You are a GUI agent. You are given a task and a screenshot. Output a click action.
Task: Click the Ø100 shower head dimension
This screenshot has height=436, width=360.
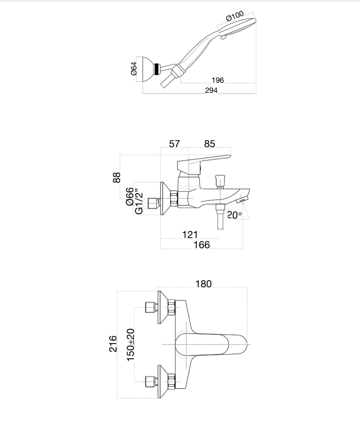tap(235, 16)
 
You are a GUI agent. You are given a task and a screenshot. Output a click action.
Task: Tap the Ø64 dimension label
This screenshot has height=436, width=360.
tap(134, 69)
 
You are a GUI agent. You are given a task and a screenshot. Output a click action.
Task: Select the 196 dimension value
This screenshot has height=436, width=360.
tap(218, 80)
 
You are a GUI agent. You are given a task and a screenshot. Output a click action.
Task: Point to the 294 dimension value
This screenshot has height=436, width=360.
tap(211, 90)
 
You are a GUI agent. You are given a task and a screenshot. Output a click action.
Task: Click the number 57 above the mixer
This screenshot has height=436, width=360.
tap(174, 144)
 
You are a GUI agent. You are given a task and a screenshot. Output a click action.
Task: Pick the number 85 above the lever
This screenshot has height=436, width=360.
tap(209, 144)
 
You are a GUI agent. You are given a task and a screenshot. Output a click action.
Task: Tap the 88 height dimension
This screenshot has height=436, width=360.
tap(117, 178)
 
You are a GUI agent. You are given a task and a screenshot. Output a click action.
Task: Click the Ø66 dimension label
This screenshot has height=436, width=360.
tap(130, 196)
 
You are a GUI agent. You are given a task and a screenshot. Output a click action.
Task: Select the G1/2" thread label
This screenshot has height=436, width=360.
tap(138, 202)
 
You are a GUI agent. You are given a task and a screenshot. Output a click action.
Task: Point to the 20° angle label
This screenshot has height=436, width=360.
tap(234, 215)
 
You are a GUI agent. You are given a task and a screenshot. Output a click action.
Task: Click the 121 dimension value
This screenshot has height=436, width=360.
tap(190, 234)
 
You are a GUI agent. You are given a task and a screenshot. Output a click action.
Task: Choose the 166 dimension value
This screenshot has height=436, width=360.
tap(202, 245)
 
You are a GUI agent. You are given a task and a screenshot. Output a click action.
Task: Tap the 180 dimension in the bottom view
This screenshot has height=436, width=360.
tap(203, 284)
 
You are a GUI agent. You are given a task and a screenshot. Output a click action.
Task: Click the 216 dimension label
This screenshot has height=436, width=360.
tap(113, 344)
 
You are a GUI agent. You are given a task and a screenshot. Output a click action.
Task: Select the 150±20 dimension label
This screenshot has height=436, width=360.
tap(130, 345)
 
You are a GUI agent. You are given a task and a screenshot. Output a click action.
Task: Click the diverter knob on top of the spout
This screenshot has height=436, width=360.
tap(220, 180)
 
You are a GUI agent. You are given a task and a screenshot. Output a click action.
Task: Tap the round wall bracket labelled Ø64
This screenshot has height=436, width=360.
tap(148, 69)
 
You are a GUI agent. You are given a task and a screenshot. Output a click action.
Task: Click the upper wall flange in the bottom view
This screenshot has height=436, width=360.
tap(163, 307)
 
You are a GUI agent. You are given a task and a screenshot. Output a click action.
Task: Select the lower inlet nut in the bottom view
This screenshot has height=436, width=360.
tap(171, 382)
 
